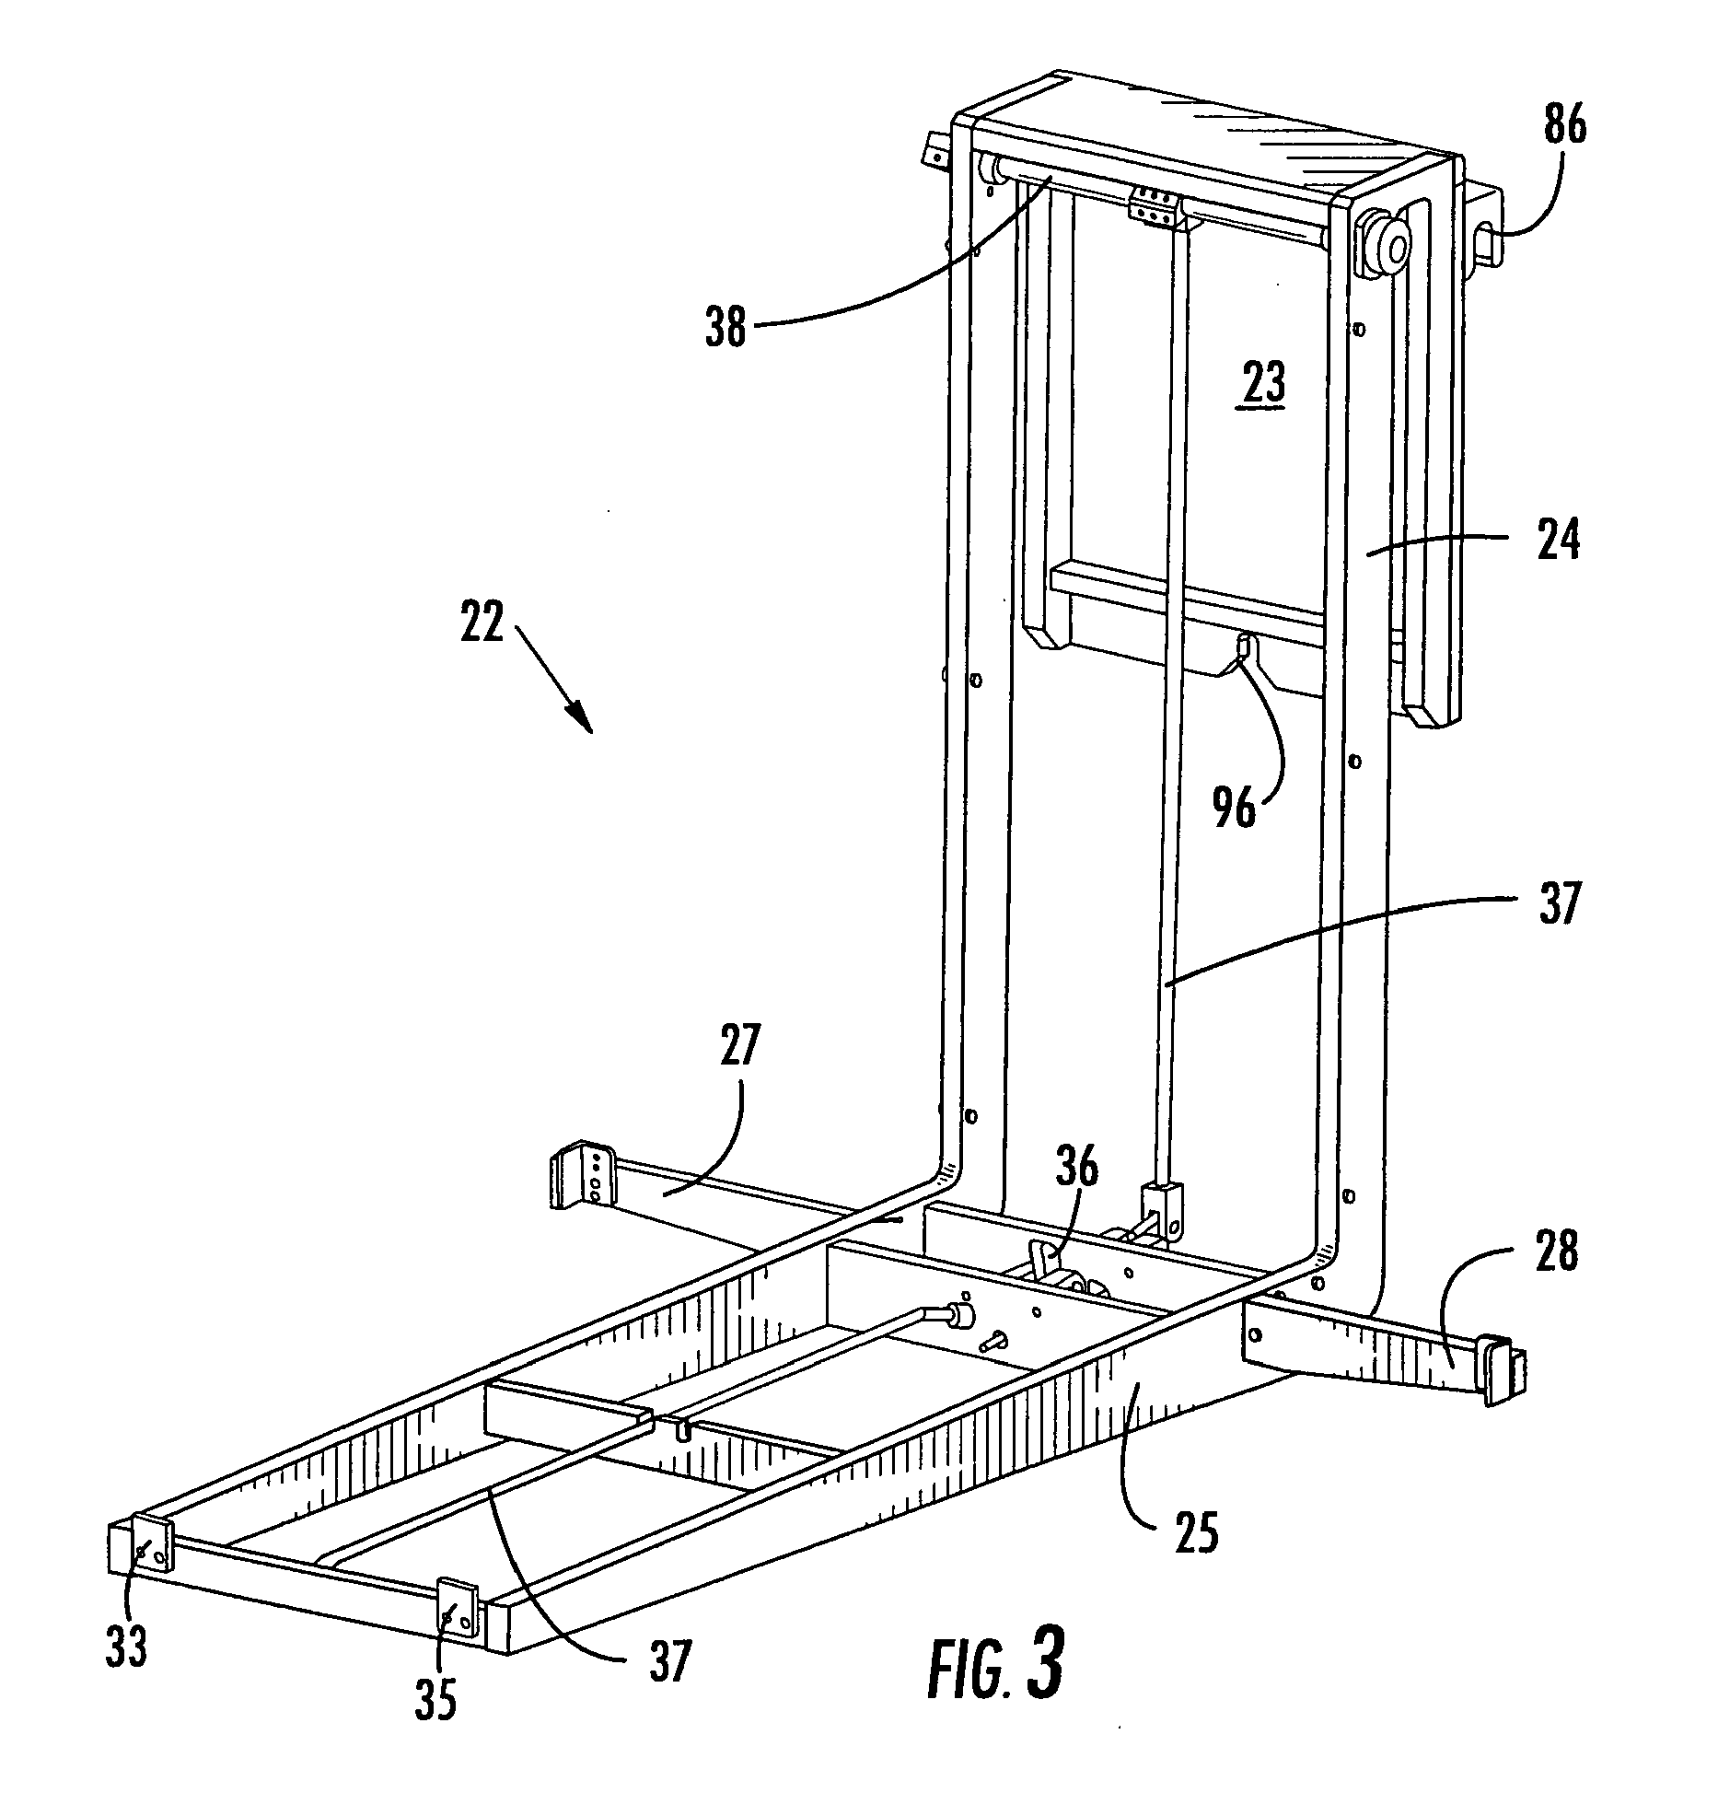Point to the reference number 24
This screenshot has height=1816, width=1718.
1557,541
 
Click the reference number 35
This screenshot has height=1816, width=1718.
435,1701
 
